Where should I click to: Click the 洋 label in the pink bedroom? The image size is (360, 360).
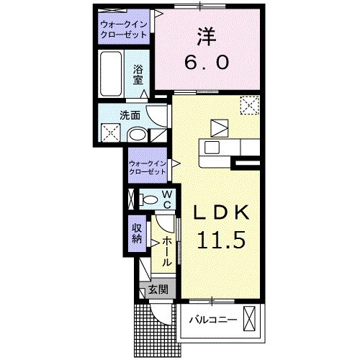207,37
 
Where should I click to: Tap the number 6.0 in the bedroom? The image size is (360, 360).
207,63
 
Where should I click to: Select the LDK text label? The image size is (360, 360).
221,212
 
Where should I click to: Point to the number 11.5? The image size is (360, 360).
221,240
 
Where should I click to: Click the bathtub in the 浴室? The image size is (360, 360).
111,73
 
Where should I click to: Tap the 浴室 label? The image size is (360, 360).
138,75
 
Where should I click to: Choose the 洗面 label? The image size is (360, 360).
130,116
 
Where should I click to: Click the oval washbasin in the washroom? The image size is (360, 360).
137,135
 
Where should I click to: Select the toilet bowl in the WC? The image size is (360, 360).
149,199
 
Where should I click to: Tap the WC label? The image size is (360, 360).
167,199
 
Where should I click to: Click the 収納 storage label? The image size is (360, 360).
137,233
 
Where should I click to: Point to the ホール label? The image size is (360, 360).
167,251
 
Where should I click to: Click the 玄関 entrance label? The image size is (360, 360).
158,290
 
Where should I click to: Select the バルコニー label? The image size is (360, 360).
213,320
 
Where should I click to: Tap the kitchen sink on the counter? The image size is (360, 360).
212,148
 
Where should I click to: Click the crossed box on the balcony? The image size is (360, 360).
250,319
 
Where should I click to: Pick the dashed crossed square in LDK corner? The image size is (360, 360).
250,105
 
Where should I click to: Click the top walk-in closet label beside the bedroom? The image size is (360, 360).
124,30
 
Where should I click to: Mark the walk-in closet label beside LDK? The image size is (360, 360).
148,168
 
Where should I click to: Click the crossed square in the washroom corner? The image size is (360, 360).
110,132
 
